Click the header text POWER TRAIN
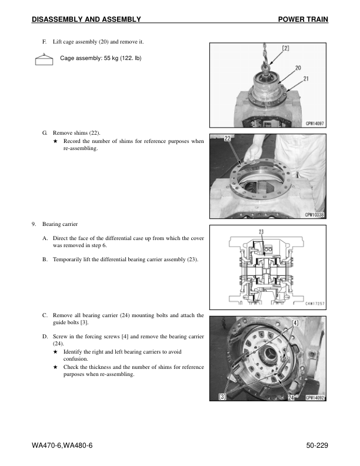[x=302, y=20]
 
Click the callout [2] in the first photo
[x=285, y=48]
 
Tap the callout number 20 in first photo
[x=298, y=68]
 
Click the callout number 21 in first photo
[x=306, y=78]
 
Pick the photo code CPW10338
[x=315, y=215]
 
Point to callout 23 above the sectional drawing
[x=261, y=231]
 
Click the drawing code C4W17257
[x=315, y=304]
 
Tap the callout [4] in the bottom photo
[x=295, y=323]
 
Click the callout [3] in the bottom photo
[x=222, y=397]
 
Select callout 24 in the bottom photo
[x=291, y=398]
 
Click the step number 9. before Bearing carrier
[x=35, y=224]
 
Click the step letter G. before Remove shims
[x=45, y=134]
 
